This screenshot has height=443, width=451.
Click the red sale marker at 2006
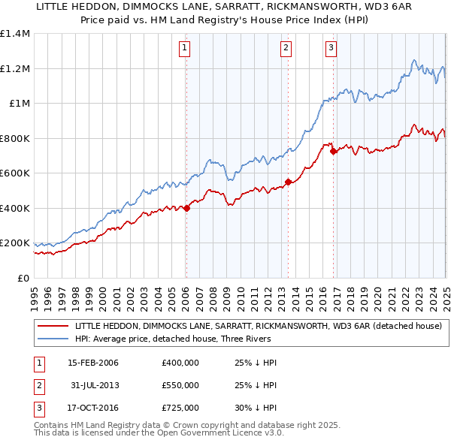point(187,209)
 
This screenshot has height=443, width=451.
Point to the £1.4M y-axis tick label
point(14,34)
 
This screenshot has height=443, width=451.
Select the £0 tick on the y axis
point(23,278)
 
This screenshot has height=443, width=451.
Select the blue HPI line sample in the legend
point(53,339)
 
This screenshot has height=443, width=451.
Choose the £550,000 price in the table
point(180,386)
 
